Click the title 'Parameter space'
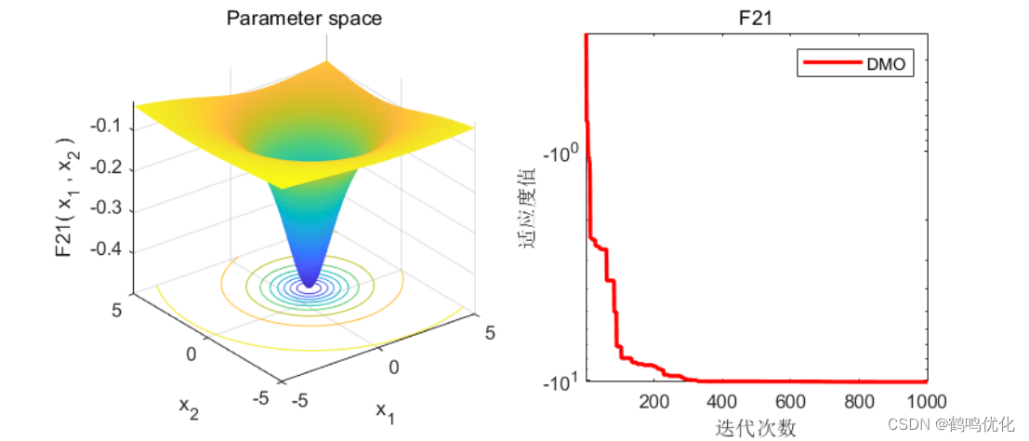point(304,18)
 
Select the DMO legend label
point(885,64)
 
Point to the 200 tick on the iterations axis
point(653,402)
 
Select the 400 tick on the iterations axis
point(722,402)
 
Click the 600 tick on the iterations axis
point(791,402)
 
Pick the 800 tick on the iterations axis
point(860,402)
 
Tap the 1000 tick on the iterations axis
point(926,402)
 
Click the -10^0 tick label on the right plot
point(557,153)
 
